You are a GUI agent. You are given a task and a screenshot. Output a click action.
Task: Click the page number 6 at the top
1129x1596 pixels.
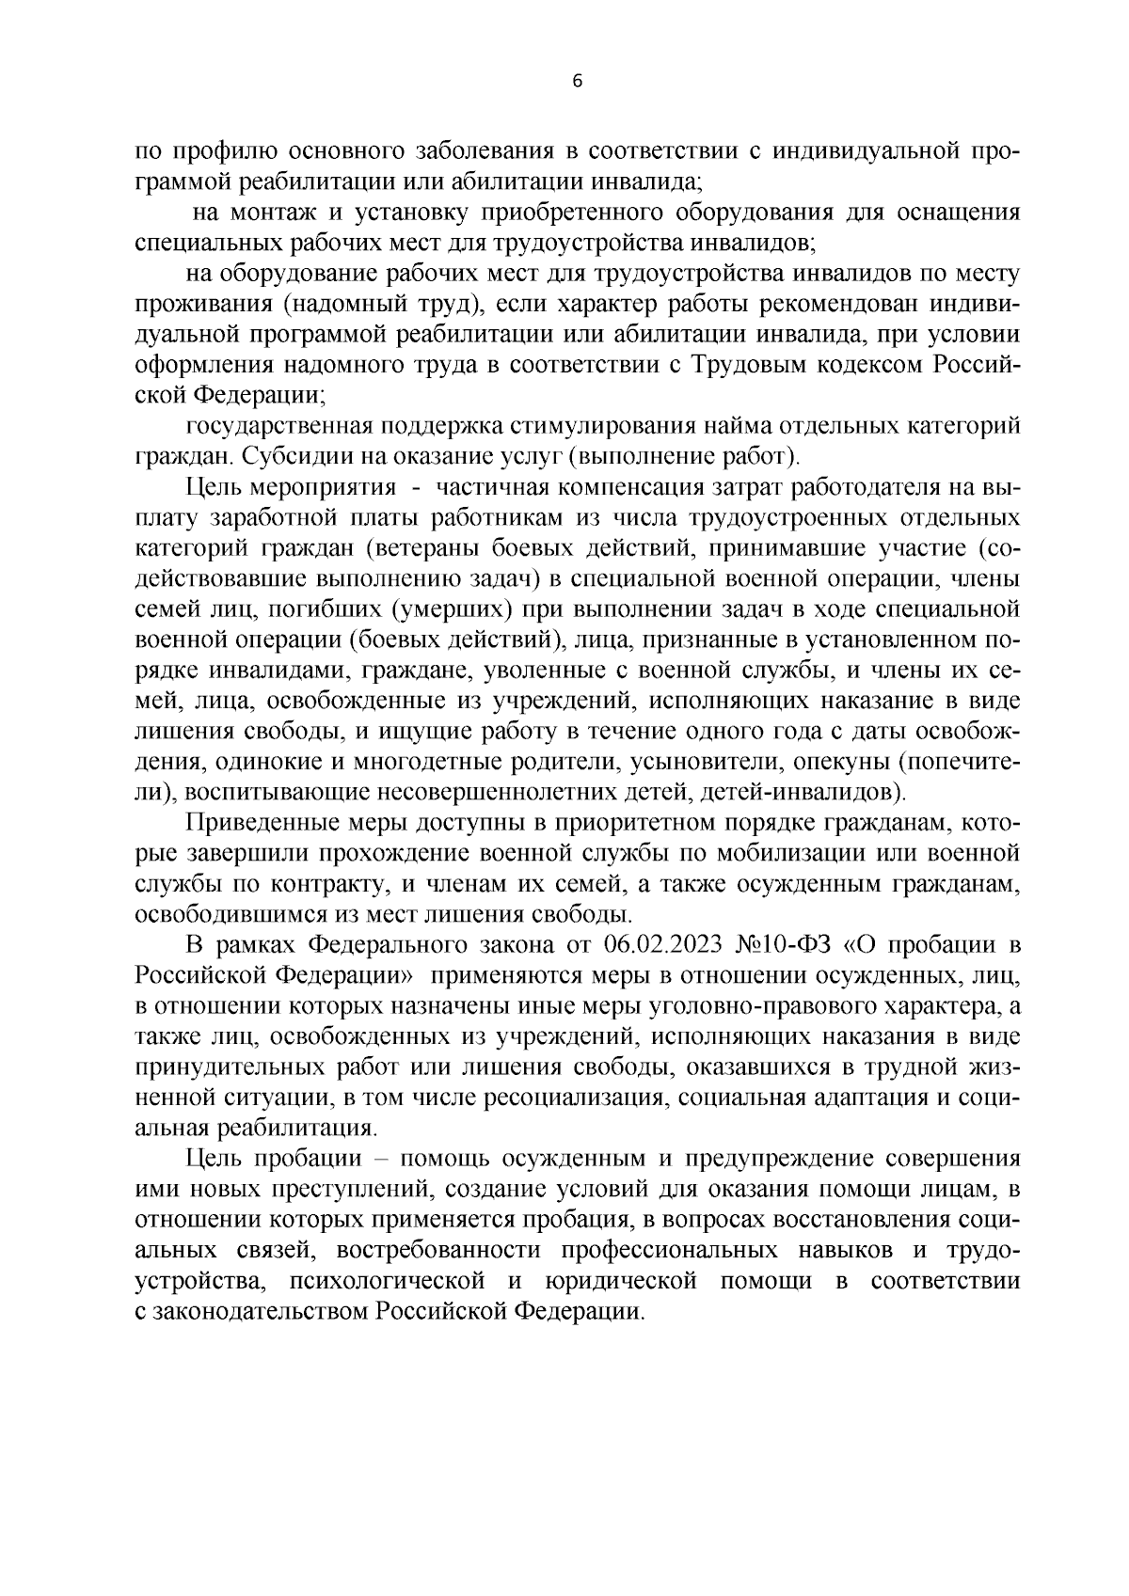pyautogui.click(x=578, y=82)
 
